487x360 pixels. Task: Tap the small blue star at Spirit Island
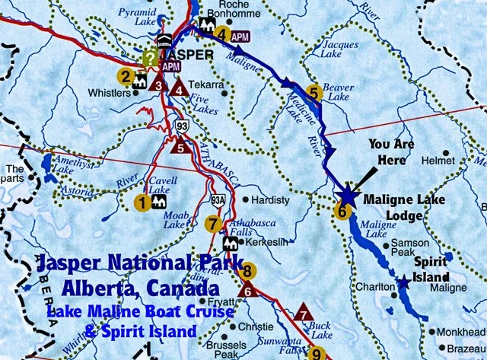[403, 283]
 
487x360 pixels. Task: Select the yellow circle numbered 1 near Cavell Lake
[141, 202]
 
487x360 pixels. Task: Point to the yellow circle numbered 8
[246, 270]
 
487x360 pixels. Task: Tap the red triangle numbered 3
[158, 84]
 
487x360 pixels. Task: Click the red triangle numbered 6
[247, 289]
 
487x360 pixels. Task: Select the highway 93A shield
[216, 199]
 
